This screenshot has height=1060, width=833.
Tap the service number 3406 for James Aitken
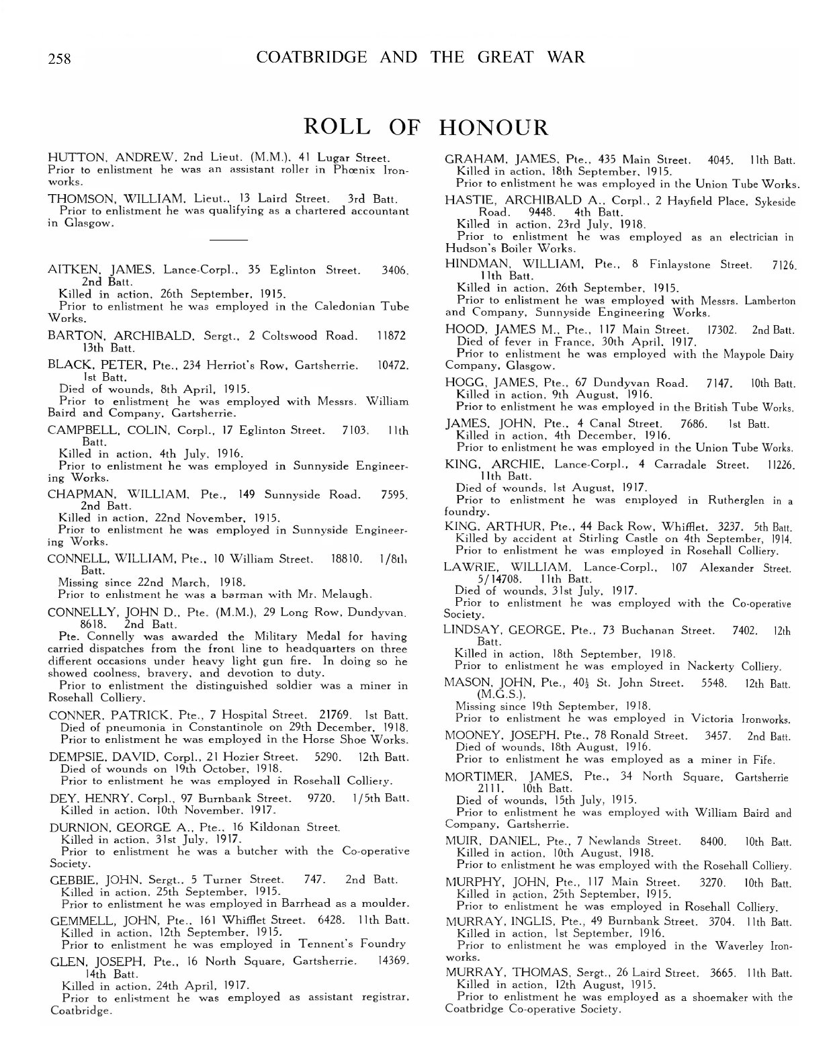pyautogui.click(x=394, y=270)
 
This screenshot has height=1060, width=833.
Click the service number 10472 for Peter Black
pyautogui.click(x=393, y=364)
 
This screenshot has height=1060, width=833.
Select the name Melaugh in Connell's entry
pyautogui.click(x=343, y=594)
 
